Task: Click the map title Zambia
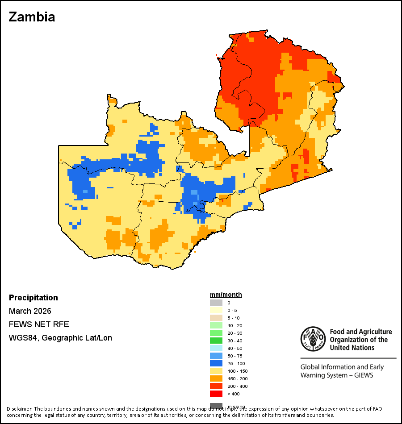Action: (32, 17)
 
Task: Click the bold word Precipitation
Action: (33, 298)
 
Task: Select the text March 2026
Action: (30, 311)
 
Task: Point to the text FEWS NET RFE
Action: (39, 324)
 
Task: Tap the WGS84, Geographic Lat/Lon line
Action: (60, 338)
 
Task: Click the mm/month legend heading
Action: (226, 295)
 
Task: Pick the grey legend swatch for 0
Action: (216, 303)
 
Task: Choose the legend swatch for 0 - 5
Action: (216, 310)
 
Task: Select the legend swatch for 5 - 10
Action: (216, 318)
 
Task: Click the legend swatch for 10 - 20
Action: (216, 325)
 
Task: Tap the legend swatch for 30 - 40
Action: (216, 341)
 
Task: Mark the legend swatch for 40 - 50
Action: (216, 348)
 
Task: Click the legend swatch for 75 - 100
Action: (216, 363)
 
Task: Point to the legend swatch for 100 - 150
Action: (216, 371)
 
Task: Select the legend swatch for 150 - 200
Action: (216, 378)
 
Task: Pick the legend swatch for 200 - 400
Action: (216, 386)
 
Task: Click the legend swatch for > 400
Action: (216, 394)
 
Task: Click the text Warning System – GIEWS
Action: (337, 375)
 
